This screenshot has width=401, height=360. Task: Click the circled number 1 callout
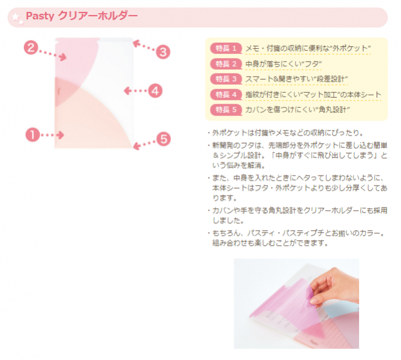coord(33,135)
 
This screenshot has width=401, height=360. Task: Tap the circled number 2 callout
coord(31,48)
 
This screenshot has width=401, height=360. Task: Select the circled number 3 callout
coord(163,52)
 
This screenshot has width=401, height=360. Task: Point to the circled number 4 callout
coord(155,91)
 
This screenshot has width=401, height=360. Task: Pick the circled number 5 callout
coord(164,139)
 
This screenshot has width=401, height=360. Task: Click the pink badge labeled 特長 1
coord(226,48)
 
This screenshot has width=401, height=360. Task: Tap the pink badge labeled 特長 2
coord(226,64)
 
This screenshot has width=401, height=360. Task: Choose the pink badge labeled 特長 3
coord(226,79)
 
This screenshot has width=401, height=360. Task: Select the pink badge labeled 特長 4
coord(226,95)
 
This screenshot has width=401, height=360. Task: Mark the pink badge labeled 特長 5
coord(226,110)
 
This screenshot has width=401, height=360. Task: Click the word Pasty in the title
coord(40,16)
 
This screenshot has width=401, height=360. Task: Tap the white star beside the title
coord(16,17)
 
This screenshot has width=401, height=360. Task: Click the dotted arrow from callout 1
coord(53,135)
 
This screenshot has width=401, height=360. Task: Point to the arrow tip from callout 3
coord(134,42)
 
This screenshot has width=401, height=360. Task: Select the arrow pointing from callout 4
coord(135,91)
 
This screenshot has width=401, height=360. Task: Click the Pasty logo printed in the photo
coord(313,342)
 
